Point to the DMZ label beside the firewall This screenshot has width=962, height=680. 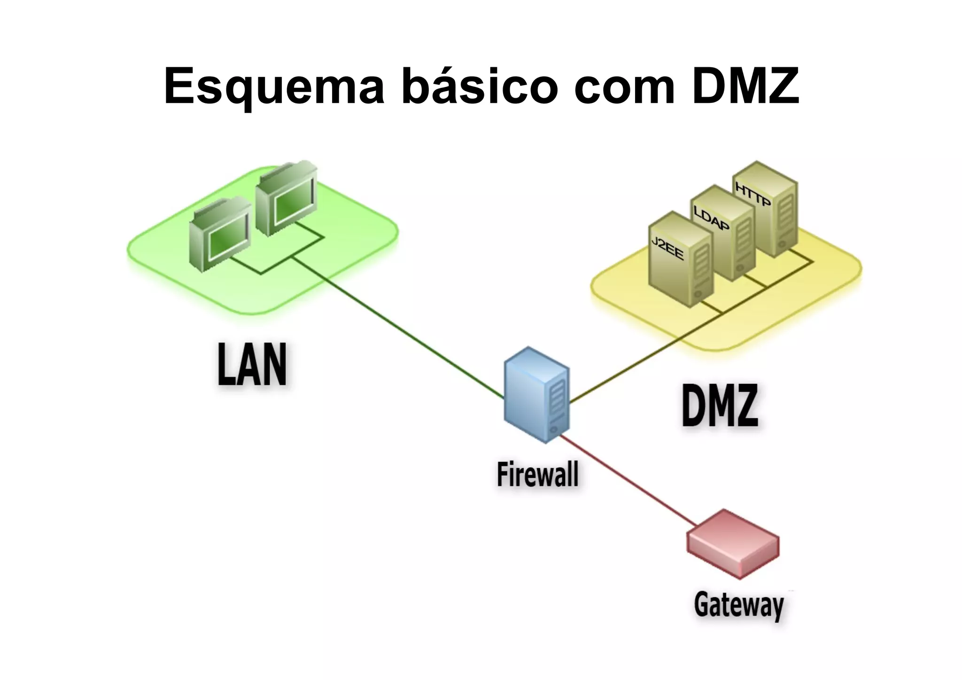pos(720,405)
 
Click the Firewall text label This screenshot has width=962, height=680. pos(537,475)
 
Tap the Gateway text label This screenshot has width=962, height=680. pos(739,605)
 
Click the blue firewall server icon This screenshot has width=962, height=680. pos(536,395)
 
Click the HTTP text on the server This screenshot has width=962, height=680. pos(753,195)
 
